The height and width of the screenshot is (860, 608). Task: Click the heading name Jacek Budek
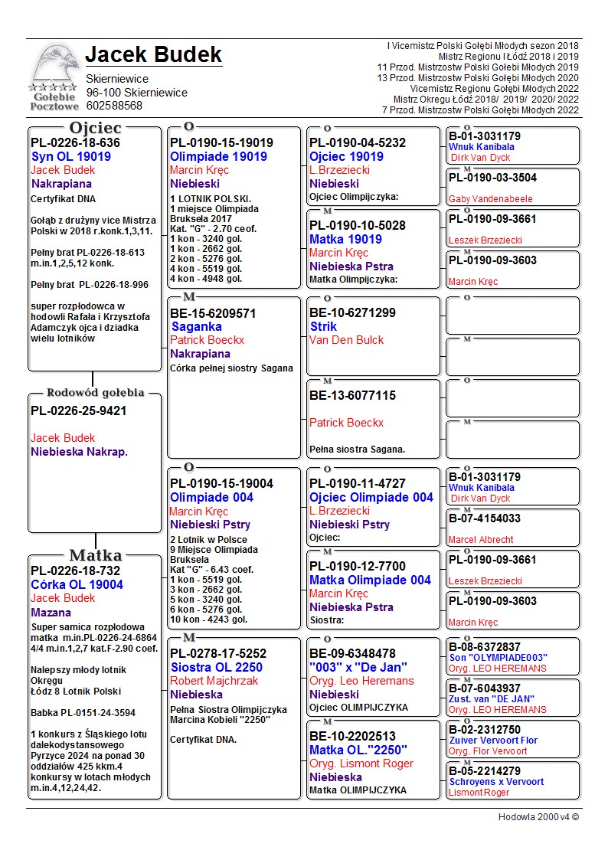click(x=153, y=54)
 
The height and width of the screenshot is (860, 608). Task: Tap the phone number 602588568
click(x=114, y=106)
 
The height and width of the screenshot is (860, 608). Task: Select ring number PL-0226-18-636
click(x=75, y=142)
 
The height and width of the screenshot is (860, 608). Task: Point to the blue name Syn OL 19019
click(x=70, y=156)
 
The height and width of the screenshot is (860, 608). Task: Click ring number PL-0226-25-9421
click(x=79, y=410)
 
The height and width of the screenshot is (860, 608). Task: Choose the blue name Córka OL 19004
click(x=77, y=584)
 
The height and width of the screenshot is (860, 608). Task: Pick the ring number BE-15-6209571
click(x=213, y=313)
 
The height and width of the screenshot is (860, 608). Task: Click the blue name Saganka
click(x=196, y=327)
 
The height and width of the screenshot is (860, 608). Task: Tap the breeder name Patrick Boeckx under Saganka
click(x=207, y=340)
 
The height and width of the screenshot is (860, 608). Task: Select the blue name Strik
click(x=323, y=326)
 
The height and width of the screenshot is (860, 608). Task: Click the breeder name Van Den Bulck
click(x=346, y=339)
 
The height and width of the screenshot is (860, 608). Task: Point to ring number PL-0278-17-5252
click(x=218, y=653)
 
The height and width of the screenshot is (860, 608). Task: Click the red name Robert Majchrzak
click(x=214, y=681)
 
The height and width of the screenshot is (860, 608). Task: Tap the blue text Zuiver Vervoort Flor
click(x=493, y=741)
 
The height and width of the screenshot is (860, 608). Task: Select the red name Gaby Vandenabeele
click(x=490, y=199)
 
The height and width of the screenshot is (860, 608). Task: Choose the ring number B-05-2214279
click(x=484, y=770)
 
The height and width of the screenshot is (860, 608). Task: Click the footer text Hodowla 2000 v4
click(x=538, y=817)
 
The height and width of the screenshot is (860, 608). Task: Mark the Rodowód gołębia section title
click(x=95, y=393)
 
